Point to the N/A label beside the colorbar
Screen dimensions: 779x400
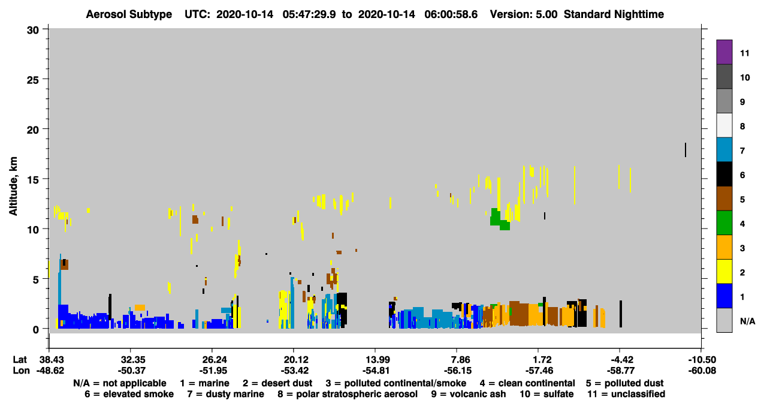coord(747,321)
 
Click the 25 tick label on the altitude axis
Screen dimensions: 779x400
coord(33,80)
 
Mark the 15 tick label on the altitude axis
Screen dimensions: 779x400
coord(33,180)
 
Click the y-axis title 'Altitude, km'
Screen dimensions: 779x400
coord(13,187)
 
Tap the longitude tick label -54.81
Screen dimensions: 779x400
coord(376,371)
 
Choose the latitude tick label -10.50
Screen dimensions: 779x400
coord(702,360)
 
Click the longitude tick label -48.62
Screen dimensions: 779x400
coord(50,371)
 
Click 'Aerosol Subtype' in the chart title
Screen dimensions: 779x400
coord(129,14)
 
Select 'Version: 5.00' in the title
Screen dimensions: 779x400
coord(524,14)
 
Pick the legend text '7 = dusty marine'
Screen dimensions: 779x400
coord(225,394)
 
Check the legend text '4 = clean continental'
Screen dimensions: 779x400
coord(527,383)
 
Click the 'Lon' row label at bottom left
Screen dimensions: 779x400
coord(21,371)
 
